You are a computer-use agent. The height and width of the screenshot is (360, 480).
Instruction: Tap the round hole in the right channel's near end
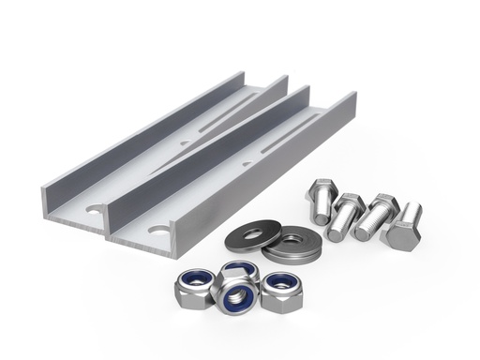[155, 229]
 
